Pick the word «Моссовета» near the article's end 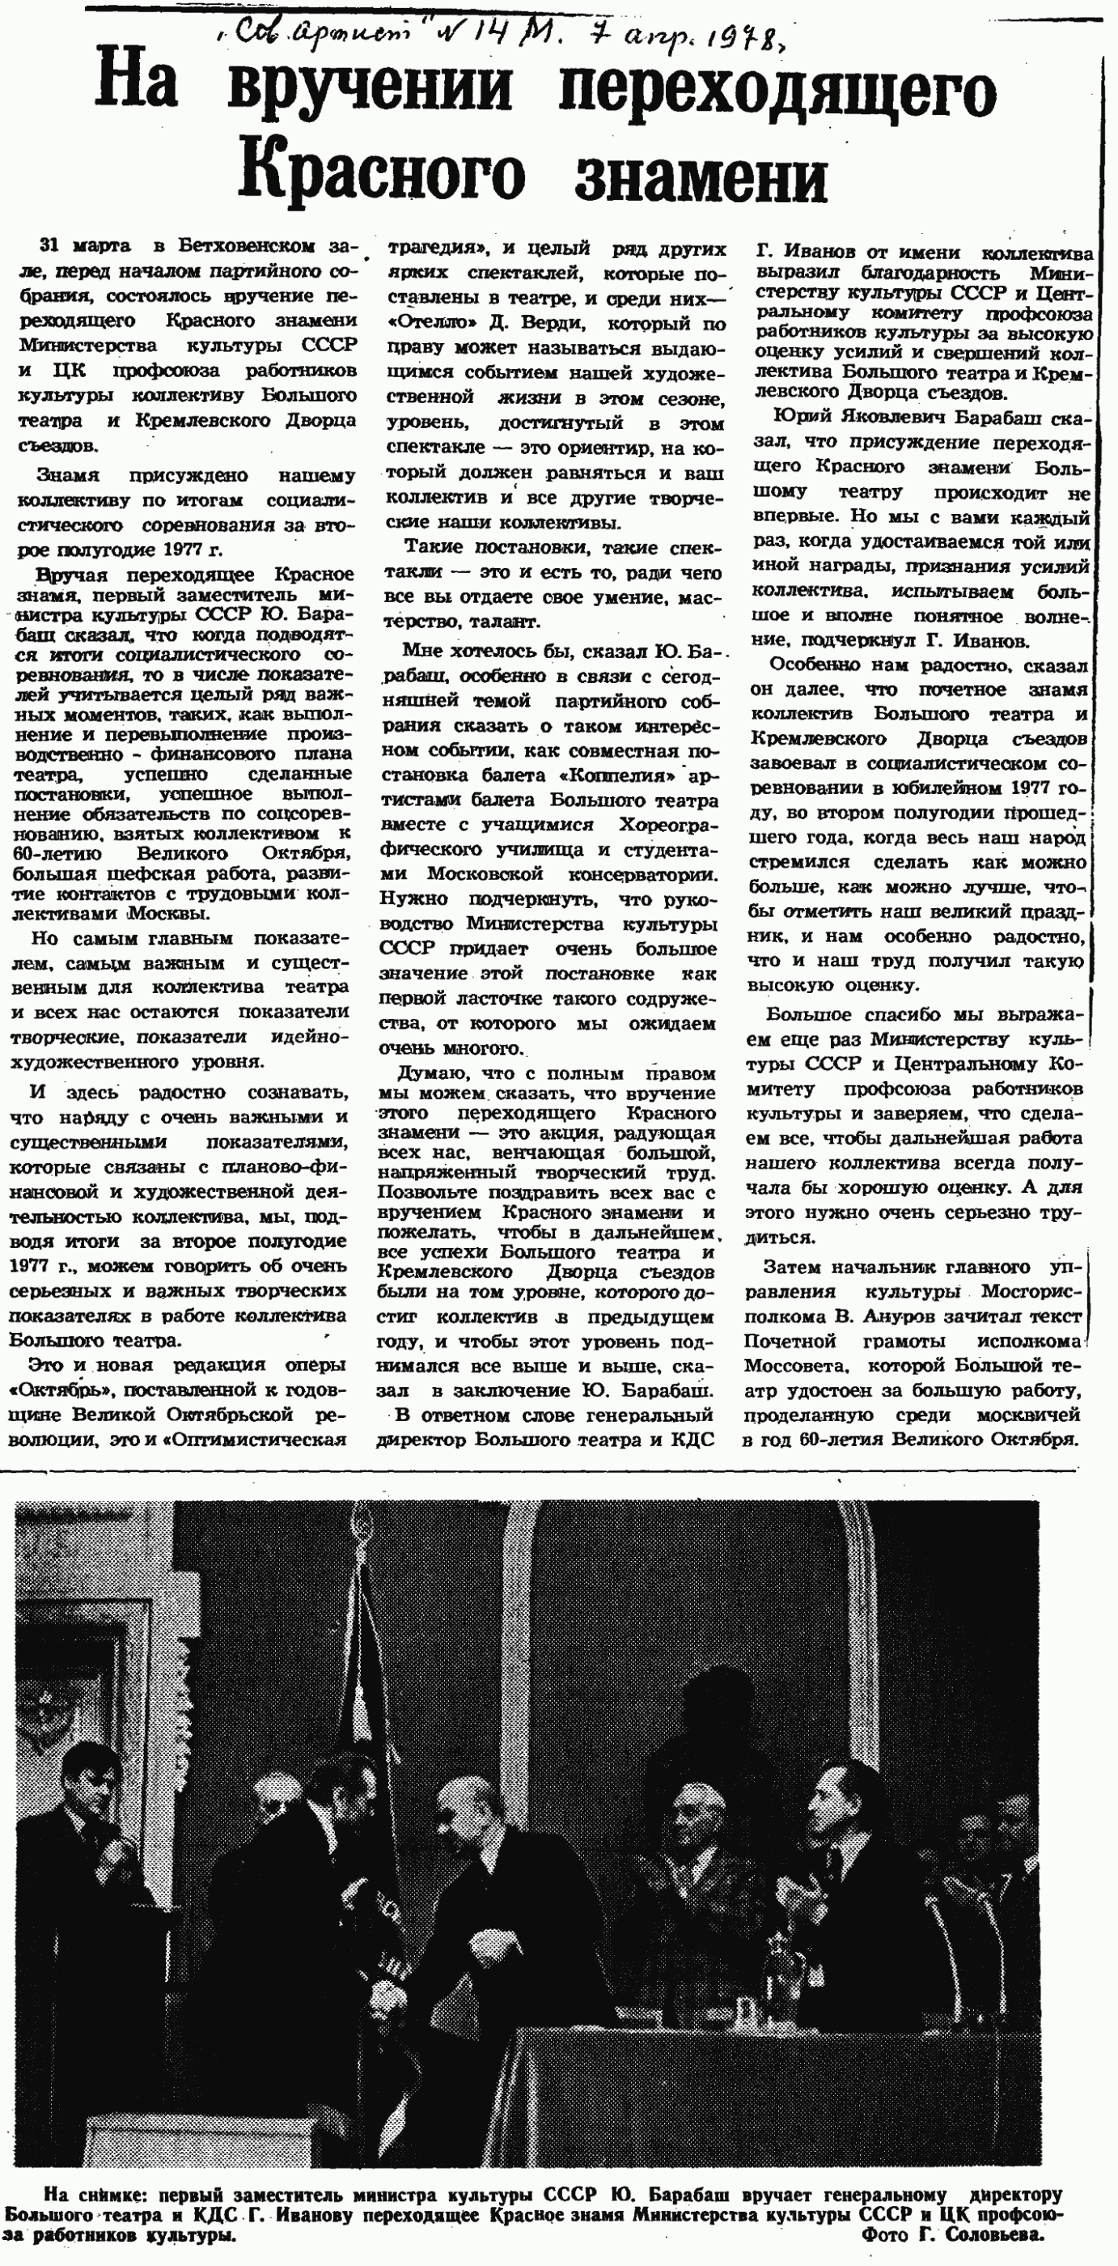click(x=797, y=1366)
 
